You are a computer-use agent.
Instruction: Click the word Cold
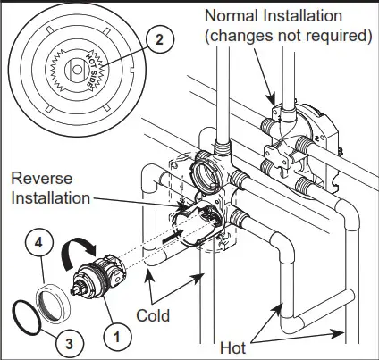tap(157, 315)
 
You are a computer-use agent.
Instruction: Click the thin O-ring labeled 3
tap(26, 317)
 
